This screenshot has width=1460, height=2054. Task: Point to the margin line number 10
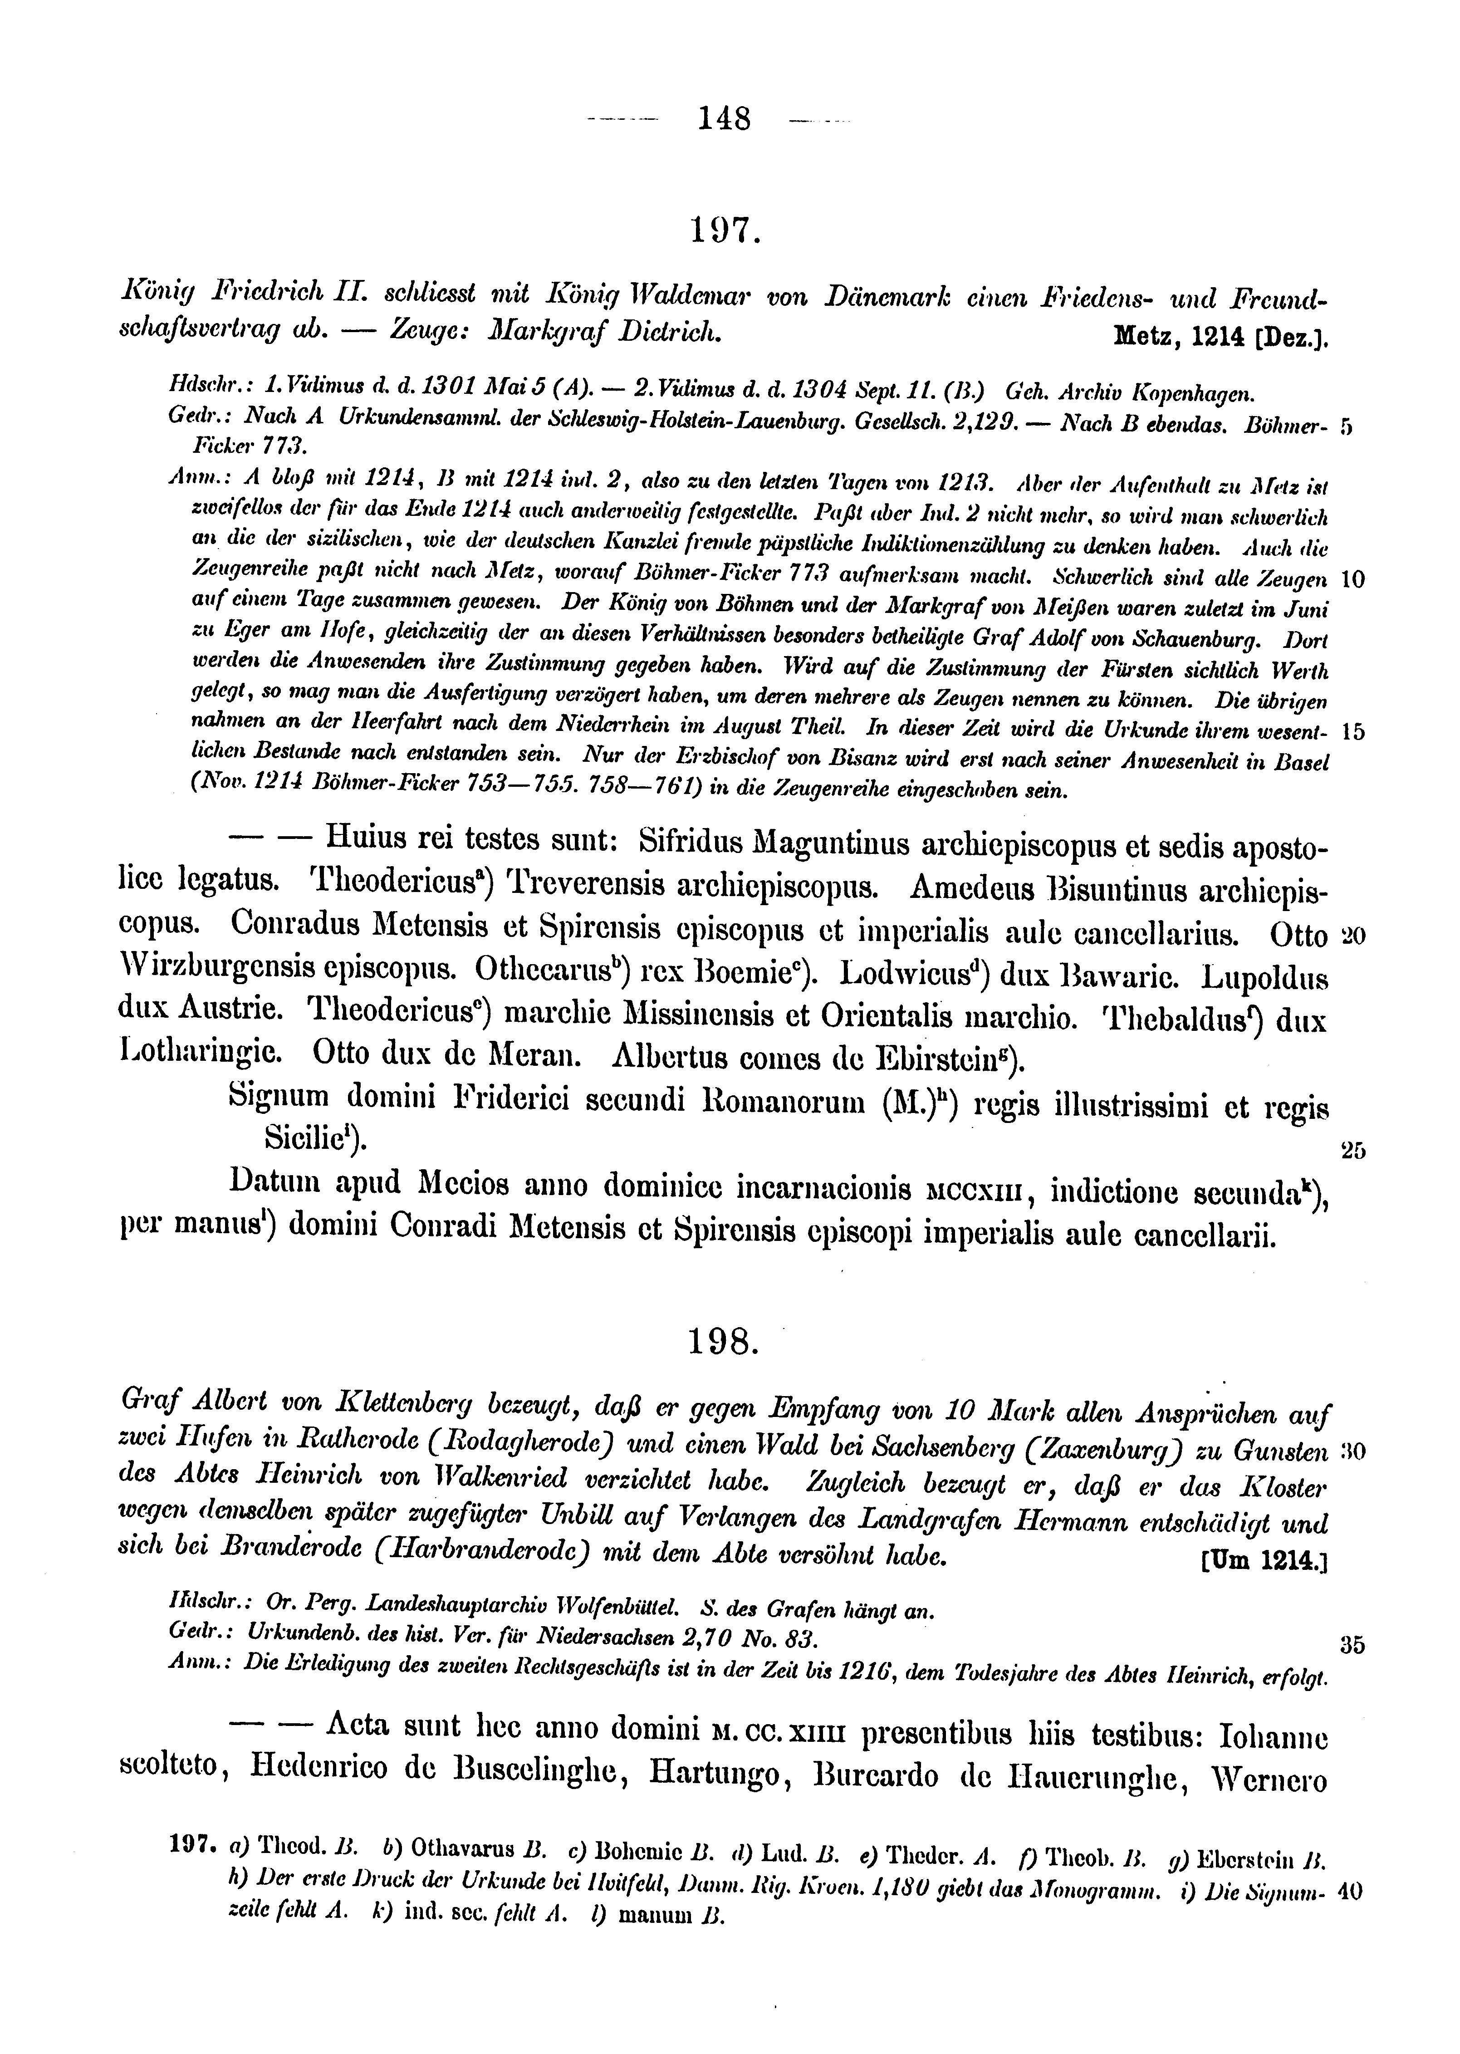(1352, 580)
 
